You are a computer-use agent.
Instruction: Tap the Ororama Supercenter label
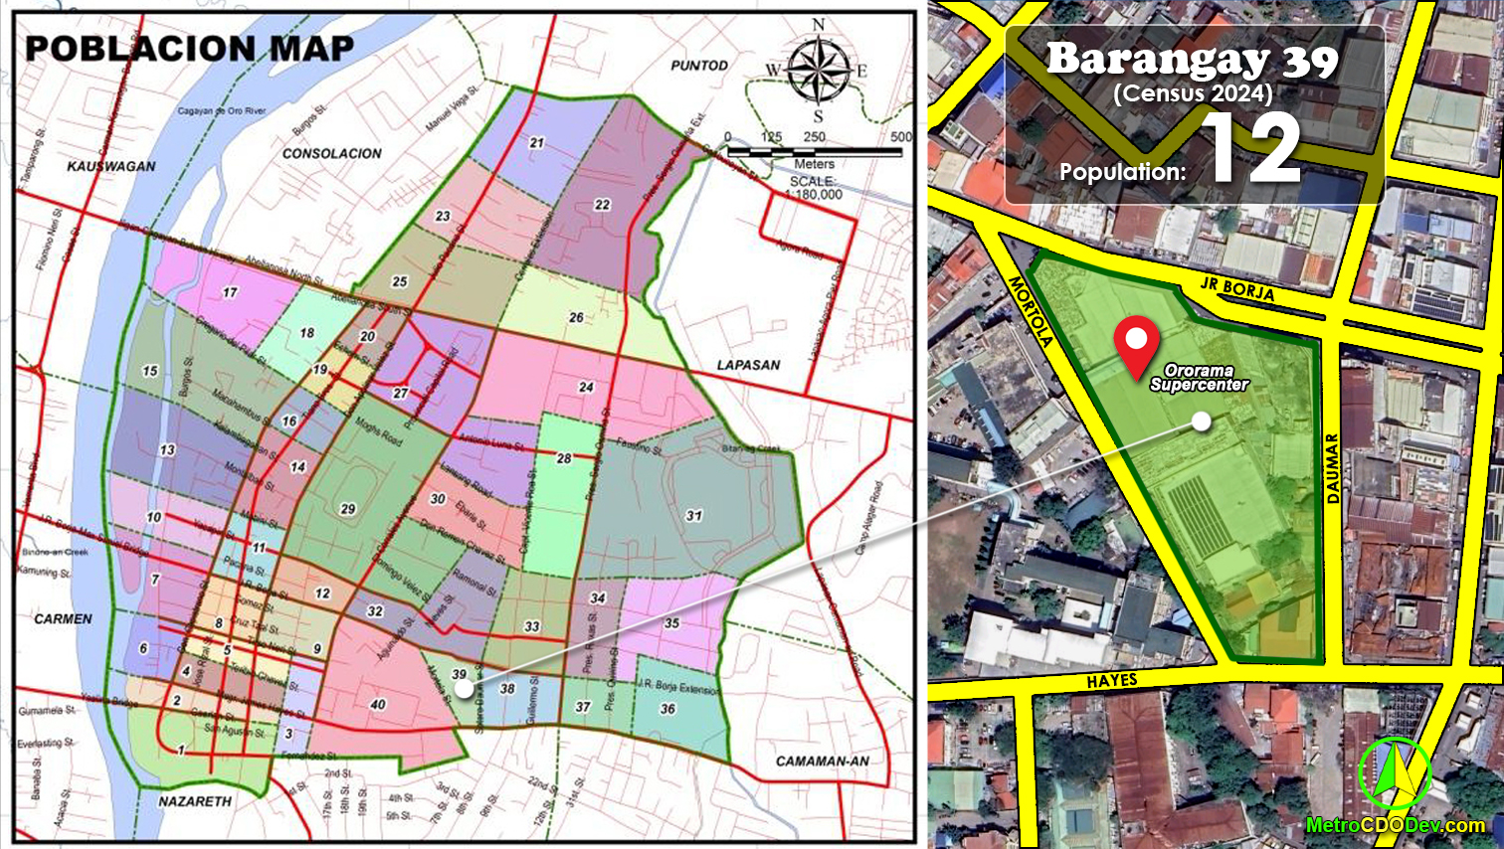[1199, 378]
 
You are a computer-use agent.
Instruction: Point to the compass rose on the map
[819, 70]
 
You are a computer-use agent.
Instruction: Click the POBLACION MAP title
[189, 48]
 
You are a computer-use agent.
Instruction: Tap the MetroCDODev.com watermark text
[1396, 825]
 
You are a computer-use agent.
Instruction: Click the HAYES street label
[1111, 681]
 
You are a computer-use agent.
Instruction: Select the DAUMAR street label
[1333, 468]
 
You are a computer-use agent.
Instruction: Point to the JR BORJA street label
[1236, 288]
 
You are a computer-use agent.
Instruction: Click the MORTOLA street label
[1031, 310]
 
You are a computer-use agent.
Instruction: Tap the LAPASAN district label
[748, 365]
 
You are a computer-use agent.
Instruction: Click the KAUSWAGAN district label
[110, 166]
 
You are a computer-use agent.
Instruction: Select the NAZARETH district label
[195, 800]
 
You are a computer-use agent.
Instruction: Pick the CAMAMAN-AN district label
[822, 762]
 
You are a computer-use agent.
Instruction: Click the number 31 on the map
[693, 516]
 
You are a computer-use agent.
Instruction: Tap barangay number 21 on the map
[537, 143]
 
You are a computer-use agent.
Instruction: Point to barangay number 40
[378, 705]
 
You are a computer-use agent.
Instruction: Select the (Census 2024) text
[1193, 93]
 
